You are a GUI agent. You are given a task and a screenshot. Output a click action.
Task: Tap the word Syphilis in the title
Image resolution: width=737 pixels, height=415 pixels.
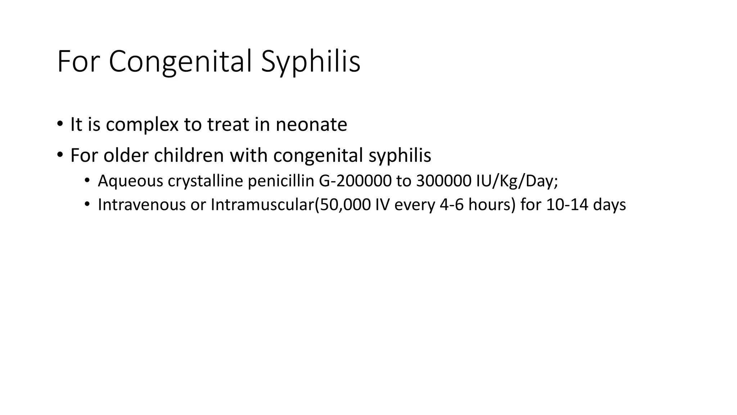tap(310, 62)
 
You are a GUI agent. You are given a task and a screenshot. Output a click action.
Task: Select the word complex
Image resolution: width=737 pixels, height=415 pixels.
tap(142, 125)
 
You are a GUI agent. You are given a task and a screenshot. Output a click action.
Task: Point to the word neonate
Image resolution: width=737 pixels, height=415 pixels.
tap(311, 125)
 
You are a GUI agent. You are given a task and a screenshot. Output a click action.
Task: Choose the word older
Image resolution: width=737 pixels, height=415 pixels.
tap(126, 156)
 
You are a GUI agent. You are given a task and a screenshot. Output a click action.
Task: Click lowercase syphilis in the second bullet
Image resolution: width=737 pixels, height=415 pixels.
tap(400, 156)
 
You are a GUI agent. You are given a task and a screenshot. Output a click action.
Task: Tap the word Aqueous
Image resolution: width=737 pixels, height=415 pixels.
tap(130, 181)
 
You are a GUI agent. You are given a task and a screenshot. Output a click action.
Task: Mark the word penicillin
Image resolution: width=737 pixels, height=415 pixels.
tap(281, 181)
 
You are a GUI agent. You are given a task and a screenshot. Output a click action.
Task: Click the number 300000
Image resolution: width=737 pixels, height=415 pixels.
tap(443, 181)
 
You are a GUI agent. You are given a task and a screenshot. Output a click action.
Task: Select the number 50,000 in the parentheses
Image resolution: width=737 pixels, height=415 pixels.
tap(345, 205)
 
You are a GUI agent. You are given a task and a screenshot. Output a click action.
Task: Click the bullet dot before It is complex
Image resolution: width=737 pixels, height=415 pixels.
tap(59, 124)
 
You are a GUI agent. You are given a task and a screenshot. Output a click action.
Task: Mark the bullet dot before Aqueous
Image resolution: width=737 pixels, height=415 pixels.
tap(87, 180)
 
